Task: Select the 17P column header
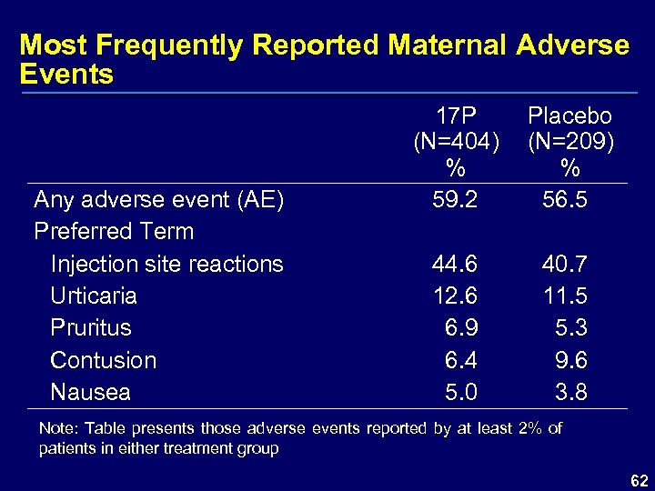pos(456,116)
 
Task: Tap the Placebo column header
pos(570,116)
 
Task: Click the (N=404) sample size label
pos(456,142)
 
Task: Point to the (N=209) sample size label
pos(570,142)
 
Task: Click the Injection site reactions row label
pos(166,264)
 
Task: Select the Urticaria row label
pos(94,296)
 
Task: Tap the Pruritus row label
pos(91,327)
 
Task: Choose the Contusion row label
pos(103,360)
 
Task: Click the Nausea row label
pos(90,392)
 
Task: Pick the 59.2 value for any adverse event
pos(456,199)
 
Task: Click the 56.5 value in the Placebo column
pos(565,199)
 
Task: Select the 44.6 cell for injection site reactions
pos(456,264)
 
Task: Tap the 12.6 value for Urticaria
pos(456,296)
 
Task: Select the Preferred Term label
pos(114,231)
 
